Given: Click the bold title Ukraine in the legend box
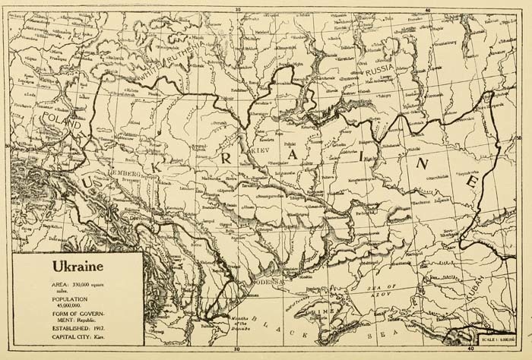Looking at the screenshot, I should (x=78, y=267).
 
